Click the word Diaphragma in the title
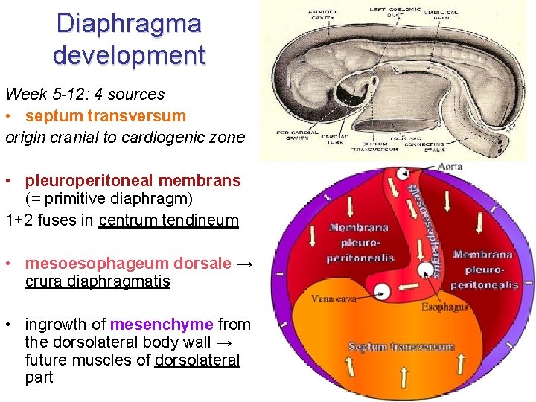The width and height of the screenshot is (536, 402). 129,23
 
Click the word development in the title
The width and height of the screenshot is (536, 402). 129,55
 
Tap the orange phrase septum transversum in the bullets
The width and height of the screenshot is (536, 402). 105,116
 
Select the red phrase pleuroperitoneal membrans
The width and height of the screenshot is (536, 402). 133,181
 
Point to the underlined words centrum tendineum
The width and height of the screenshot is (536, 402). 168,220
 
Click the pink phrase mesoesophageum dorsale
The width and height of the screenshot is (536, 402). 127,263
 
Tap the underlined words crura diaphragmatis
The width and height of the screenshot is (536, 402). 97,281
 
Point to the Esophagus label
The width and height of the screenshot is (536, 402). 444,307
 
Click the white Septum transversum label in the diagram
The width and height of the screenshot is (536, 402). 401,347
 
